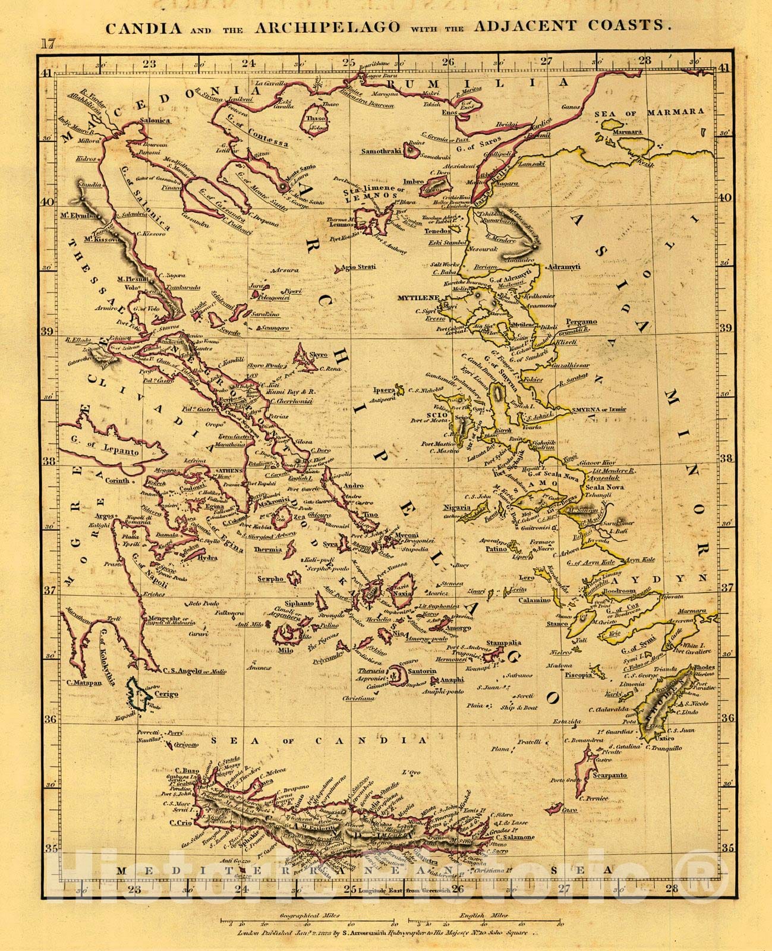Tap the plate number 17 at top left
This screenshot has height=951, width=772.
coord(48,43)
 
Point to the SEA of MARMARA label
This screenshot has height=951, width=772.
coord(649,111)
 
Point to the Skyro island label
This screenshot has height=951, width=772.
coord(319,354)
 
